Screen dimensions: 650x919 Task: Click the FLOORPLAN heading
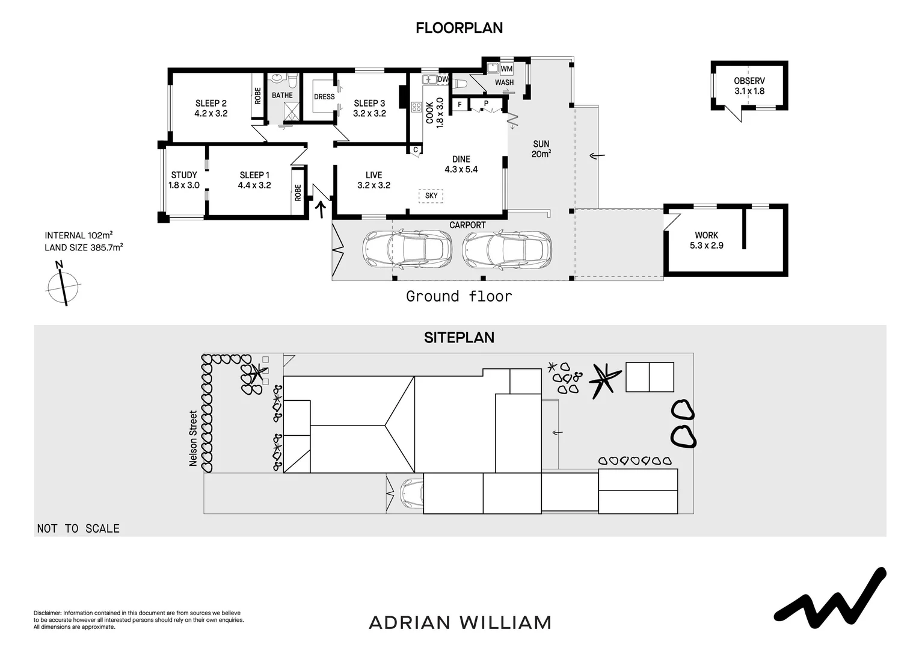[459, 28]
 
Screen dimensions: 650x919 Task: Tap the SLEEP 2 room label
[211, 108]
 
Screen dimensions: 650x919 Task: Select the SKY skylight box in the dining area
[431, 196]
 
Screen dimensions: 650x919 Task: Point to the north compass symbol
[63, 285]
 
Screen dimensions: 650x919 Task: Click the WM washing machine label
[506, 69]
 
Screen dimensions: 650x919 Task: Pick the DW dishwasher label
[443, 79]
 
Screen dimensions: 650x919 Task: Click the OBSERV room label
[749, 86]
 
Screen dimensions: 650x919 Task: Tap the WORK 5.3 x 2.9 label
[706, 240]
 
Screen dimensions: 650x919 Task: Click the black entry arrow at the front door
[321, 208]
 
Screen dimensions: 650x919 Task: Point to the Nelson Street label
[193, 438]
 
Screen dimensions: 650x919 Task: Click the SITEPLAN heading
[459, 338]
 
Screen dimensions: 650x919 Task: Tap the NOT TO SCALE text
[78, 528]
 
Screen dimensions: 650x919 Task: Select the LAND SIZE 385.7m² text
[84, 247]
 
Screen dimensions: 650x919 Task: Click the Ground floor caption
[459, 296]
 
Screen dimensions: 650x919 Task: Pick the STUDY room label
[183, 180]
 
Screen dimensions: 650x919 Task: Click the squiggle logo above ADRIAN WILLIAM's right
[830, 597]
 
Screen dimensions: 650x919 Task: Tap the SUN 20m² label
[541, 149]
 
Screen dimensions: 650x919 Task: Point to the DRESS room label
[324, 97]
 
